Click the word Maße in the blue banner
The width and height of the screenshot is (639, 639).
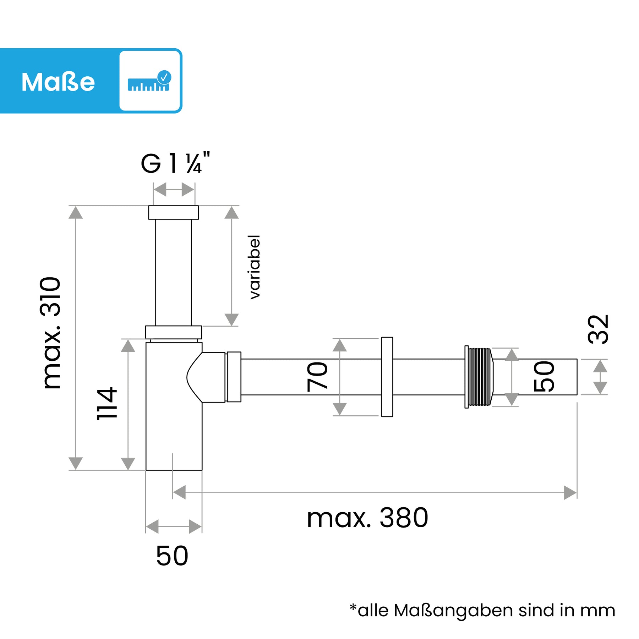(58, 82)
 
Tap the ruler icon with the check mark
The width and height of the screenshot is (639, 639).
(149, 81)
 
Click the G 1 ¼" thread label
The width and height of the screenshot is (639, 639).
(175, 164)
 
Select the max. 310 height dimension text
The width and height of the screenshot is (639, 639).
(51, 333)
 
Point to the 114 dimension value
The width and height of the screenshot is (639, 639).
(107, 404)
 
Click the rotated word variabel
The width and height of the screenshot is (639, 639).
(255, 267)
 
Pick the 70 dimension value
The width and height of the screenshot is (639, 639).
(317, 377)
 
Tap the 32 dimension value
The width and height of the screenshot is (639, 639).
(598, 329)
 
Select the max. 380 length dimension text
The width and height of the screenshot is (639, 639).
(367, 518)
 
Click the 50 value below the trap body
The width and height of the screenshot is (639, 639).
(172, 556)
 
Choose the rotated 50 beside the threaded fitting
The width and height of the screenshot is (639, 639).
(544, 377)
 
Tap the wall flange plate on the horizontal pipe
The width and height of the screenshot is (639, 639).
(387, 377)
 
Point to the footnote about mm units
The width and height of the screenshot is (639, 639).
(482, 611)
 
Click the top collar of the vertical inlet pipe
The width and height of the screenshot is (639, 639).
(173, 212)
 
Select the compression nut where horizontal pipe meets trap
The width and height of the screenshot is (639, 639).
(234, 377)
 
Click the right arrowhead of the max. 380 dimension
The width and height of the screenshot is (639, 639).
(570, 493)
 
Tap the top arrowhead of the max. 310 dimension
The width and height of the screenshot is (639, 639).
(76, 213)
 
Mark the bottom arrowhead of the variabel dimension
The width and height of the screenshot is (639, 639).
(231, 319)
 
